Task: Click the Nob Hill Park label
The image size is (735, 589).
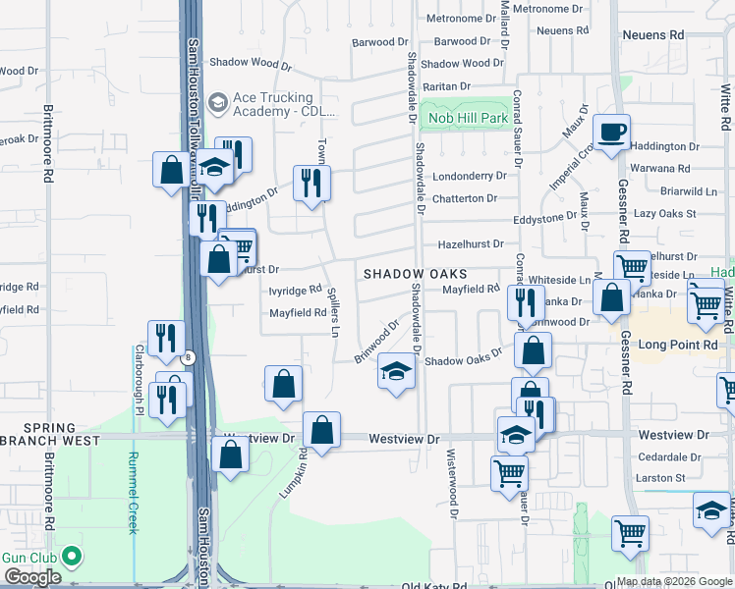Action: click(468, 119)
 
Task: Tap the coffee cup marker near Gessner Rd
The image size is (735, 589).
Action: click(611, 133)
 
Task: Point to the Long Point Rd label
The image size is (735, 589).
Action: click(680, 345)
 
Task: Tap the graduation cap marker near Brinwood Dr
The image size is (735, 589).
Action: click(396, 372)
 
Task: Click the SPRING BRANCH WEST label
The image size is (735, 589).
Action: click(49, 435)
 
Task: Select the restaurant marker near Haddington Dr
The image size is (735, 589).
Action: click(312, 184)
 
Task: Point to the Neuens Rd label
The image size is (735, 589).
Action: click(652, 33)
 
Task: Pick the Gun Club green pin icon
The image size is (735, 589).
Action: click(71, 557)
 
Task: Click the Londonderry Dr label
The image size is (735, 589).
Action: click(469, 176)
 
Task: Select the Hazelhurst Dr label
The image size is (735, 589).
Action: click(470, 243)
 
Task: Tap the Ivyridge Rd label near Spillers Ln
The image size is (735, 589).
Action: click(295, 290)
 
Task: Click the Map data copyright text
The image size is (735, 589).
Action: click(674, 581)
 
